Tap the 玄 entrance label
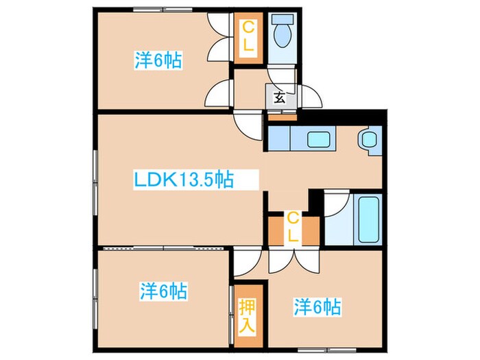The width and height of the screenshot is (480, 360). point(280,97)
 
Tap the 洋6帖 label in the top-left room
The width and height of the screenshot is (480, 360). point(158,60)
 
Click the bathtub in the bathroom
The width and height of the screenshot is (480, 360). point(368,219)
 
